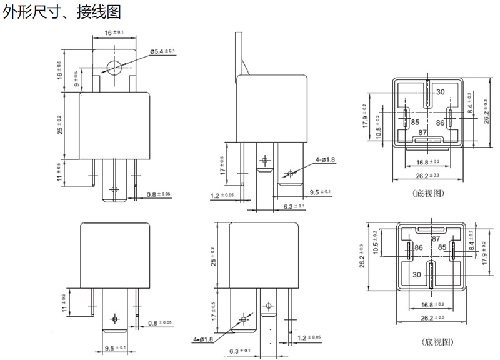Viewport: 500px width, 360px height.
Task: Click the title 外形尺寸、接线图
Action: click(x=62, y=12)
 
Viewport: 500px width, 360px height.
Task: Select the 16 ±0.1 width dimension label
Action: click(x=114, y=32)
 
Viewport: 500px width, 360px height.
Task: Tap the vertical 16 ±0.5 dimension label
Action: click(x=60, y=70)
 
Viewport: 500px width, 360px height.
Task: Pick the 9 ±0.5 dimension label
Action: click(x=76, y=79)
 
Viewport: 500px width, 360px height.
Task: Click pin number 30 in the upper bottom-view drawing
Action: click(x=440, y=92)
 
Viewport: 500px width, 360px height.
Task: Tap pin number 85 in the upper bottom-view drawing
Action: click(x=414, y=123)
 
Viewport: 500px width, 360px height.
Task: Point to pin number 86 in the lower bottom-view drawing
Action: click(x=419, y=247)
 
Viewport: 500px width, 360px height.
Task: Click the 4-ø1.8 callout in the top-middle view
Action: click(x=326, y=160)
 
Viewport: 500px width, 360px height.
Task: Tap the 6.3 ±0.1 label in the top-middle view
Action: click(x=294, y=206)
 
